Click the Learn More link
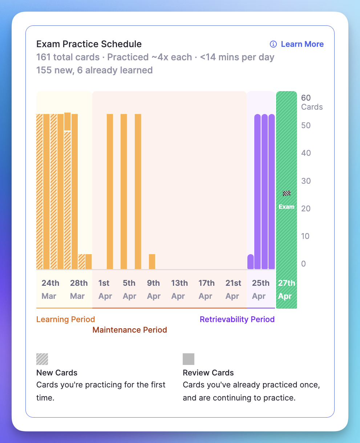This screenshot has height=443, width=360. click(302, 44)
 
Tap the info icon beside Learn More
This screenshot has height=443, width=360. click(273, 44)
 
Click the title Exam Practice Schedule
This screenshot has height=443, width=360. click(89, 44)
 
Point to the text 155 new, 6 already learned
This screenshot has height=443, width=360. click(94, 70)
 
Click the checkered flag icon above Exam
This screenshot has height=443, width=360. click(287, 193)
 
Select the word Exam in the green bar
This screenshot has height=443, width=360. click(287, 207)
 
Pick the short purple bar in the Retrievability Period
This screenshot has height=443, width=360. click(251, 262)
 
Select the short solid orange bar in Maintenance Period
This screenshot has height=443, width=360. click(152, 262)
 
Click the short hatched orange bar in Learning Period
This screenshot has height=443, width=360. click(82, 262)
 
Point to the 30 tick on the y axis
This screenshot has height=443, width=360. click(306, 181)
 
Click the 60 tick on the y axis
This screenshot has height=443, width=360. click(306, 98)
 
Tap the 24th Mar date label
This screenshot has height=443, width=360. click(50, 289)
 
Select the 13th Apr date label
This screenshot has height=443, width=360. click(179, 289)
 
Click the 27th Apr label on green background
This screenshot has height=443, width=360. click(286, 289)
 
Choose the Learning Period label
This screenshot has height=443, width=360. click(66, 320)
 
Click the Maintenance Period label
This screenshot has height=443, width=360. click(130, 330)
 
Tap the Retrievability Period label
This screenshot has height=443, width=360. click(237, 320)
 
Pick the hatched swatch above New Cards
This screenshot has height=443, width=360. click(42, 359)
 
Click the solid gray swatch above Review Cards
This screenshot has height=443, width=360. click(189, 359)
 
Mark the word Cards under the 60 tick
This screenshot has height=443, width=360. click(312, 107)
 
